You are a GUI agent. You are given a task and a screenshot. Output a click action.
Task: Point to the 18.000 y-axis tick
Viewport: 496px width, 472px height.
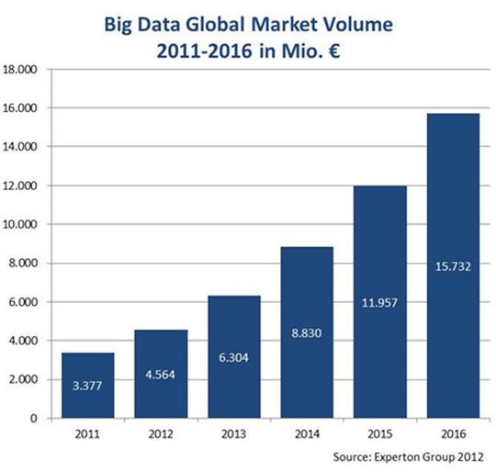tap(23, 69)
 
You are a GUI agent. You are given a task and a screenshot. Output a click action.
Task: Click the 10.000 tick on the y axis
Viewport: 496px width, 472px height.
tap(23, 224)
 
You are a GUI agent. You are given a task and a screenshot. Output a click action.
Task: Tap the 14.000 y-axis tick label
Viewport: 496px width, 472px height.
tap(23, 147)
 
